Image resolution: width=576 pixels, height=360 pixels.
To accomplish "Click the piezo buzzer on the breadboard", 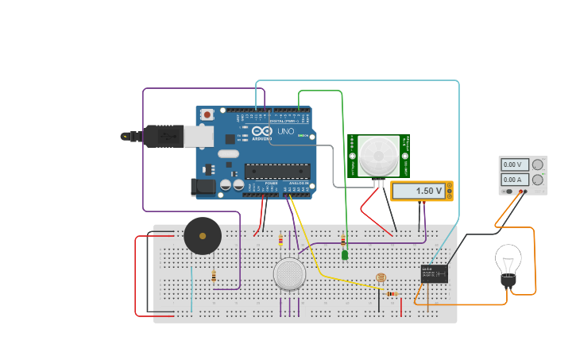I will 203,236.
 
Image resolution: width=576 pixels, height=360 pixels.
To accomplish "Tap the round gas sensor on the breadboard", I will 289,274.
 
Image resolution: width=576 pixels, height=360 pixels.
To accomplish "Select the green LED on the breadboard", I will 345,255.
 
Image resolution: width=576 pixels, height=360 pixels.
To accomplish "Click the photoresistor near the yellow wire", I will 381,277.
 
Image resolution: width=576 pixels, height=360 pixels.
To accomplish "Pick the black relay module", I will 434,273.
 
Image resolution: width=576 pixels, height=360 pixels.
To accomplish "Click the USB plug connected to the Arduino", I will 163,137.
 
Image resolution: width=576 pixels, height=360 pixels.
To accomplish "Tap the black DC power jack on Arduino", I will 203,187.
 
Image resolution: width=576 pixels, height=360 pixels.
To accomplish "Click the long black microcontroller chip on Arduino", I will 277,168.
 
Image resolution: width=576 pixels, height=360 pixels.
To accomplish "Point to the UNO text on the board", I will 286,130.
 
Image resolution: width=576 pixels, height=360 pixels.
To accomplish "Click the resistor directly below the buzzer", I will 214,277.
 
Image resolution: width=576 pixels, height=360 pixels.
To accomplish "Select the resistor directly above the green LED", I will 343,239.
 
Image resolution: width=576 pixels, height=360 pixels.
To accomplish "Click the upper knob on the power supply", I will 538,165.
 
